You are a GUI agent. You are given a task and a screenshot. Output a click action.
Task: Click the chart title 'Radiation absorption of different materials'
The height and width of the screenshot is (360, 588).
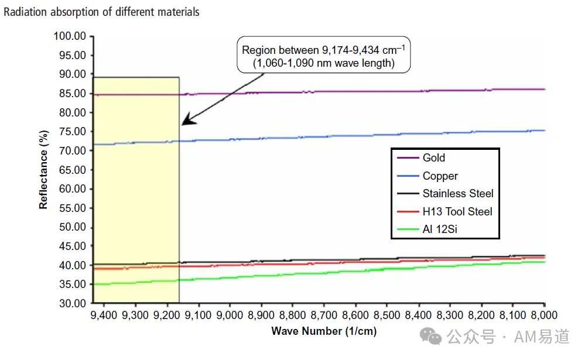click(x=101, y=12)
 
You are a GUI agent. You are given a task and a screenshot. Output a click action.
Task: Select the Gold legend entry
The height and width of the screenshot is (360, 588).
click(x=421, y=158)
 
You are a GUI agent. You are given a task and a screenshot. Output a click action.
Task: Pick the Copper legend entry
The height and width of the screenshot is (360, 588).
click(x=428, y=176)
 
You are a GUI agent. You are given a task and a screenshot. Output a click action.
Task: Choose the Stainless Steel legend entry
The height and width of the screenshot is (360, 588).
click(x=445, y=194)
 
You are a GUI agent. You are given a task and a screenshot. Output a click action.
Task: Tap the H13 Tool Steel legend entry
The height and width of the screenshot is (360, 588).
click(x=445, y=211)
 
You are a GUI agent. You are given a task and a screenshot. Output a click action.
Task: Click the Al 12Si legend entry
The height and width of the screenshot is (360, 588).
click(x=427, y=229)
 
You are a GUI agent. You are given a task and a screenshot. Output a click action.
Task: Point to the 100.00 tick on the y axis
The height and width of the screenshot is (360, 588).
click(x=70, y=36)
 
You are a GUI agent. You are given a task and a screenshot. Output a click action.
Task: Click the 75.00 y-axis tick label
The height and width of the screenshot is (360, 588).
click(x=73, y=132)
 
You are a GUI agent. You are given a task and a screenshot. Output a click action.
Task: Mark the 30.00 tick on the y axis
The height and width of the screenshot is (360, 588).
click(x=73, y=303)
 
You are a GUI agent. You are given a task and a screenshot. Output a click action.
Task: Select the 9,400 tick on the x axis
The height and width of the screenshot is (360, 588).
click(x=104, y=316)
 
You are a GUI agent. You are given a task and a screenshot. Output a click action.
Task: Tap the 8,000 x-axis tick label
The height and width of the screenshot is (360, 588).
click(x=544, y=316)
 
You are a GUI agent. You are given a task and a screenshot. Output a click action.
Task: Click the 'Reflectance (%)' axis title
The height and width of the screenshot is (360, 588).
click(x=43, y=170)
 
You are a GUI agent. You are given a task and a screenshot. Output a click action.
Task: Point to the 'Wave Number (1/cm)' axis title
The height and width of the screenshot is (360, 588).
click(x=324, y=331)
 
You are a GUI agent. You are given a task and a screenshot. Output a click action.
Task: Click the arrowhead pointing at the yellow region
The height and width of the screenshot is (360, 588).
click(x=187, y=120)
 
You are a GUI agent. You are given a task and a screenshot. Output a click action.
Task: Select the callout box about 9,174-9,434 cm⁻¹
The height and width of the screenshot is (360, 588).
click(x=324, y=55)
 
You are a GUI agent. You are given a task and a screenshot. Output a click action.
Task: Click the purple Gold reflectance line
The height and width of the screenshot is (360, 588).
click(x=319, y=92)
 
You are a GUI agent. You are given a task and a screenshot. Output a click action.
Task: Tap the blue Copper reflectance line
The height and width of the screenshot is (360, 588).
click(x=319, y=137)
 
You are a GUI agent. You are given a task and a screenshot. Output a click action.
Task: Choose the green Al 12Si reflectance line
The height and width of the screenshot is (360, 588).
click(x=319, y=273)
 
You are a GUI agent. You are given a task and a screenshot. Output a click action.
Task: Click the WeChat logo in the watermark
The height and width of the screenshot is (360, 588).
click(x=430, y=336)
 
